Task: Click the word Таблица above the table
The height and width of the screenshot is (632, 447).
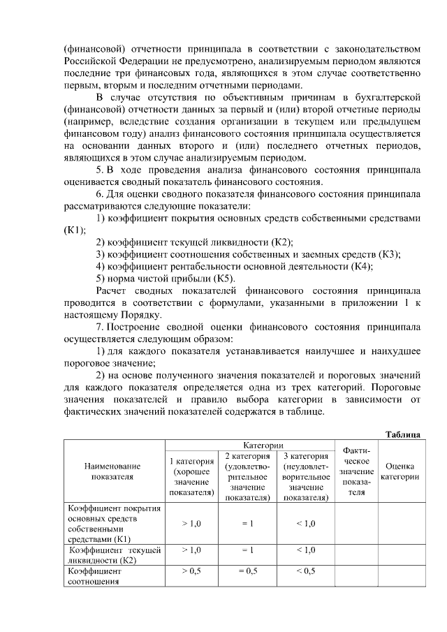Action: (403, 434)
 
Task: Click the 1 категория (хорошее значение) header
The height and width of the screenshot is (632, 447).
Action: (191, 476)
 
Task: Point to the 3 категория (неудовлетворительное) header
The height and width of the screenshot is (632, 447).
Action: (306, 476)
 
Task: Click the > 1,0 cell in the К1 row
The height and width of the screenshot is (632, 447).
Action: (191, 523)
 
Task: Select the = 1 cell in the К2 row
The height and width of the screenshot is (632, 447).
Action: (247, 550)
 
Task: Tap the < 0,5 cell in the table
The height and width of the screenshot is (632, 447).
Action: (306, 571)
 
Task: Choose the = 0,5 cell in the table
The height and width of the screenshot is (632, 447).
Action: (247, 571)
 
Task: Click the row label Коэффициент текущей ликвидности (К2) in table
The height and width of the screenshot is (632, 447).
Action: (112, 555)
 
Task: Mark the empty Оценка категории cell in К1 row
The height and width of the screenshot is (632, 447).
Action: (400, 523)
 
